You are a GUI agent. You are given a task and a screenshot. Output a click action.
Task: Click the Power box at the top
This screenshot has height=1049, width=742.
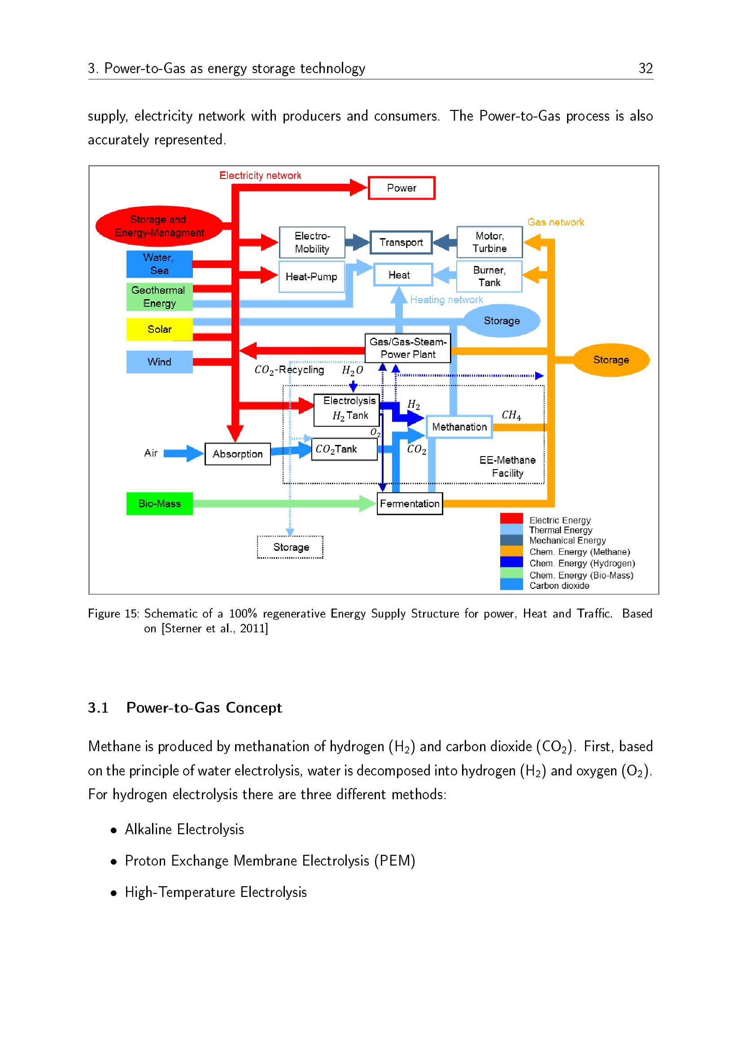pyautogui.click(x=401, y=188)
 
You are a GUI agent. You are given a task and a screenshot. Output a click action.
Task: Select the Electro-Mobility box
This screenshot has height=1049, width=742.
pyautogui.click(x=312, y=242)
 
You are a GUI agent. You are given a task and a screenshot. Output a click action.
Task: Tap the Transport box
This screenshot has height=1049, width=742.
pyautogui.click(x=401, y=242)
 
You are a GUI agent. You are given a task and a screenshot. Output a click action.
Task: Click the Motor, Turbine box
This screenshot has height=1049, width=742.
pyautogui.click(x=489, y=242)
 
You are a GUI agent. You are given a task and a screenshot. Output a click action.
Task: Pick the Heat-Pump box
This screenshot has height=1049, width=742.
pyautogui.click(x=312, y=276)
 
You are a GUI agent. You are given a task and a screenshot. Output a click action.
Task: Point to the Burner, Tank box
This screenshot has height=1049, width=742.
pyautogui.click(x=489, y=276)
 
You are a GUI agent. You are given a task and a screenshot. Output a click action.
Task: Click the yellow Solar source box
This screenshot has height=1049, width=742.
pyautogui.click(x=159, y=329)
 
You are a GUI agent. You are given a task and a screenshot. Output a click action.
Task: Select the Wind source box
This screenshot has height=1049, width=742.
pyautogui.click(x=159, y=362)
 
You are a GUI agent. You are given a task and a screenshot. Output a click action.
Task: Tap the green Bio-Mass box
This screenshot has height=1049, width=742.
pyautogui.click(x=159, y=504)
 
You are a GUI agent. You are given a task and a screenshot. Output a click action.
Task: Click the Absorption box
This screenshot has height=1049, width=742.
pyautogui.click(x=238, y=454)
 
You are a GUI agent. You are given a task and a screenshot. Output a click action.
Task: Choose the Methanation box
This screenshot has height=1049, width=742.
pyautogui.click(x=459, y=427)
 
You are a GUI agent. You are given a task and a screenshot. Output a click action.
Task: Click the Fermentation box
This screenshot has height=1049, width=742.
pyautogui.click(x=410, y=504)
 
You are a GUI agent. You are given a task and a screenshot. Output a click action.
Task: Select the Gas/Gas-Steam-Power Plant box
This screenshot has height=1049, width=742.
pyautogui.click(x=407, y=348)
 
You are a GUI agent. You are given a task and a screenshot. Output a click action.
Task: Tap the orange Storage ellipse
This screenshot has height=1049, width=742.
pyautogui.click(x=611, y=360)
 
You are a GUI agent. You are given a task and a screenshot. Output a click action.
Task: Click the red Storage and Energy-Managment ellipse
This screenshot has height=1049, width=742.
pyautogui.click(x=159, y=226)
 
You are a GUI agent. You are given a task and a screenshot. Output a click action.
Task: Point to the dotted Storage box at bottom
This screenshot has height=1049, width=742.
pyautogui.click(x=291, y=547)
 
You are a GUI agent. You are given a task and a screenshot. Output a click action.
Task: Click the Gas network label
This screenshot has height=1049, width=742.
pyautogui.click(x=555, y=222)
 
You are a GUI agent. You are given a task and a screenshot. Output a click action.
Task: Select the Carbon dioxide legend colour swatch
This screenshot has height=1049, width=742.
pyautogui.click(x=511, y=585)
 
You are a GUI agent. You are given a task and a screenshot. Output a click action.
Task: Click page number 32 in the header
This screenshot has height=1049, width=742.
pyautogui.click(x=646, y=68)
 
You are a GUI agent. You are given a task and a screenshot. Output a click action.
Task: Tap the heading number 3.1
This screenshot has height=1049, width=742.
pyautogui.click(x=98, y=708)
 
